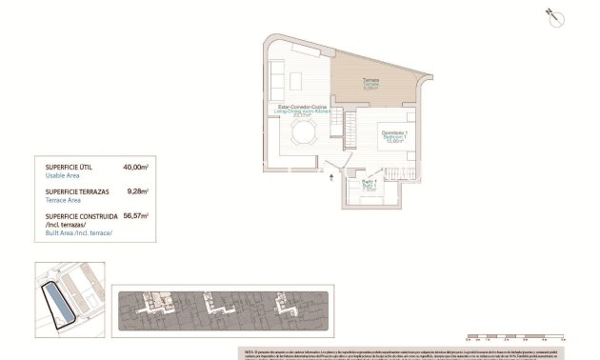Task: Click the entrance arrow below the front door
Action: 330,175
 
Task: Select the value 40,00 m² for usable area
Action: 136,167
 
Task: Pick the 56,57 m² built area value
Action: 136,216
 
